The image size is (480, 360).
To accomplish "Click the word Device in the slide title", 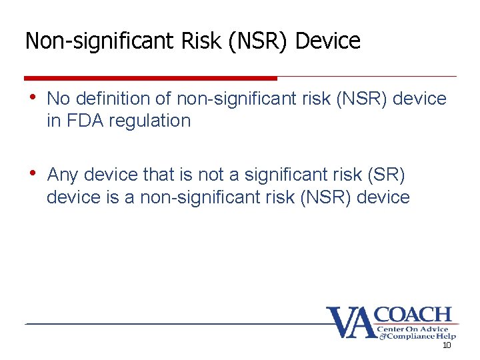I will point(327,41).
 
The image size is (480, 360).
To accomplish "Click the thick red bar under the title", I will point(151,78).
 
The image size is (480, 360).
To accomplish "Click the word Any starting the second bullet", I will point(63,175).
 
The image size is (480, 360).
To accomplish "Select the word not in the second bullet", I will point(211,175).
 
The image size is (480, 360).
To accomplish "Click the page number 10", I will point(447,346).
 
